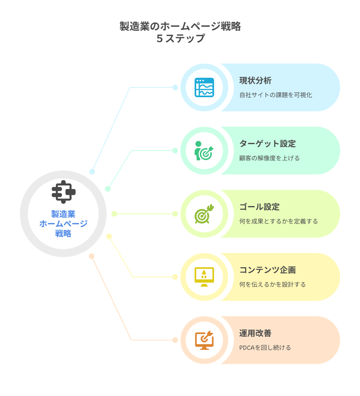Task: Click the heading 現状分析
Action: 255,81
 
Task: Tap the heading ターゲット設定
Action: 267,144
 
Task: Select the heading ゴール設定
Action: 259,207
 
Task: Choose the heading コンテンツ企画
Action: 267,270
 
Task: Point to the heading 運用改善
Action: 255,333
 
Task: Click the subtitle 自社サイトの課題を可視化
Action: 276,95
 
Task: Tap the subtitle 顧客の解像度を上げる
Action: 269,158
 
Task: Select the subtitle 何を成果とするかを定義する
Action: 279,221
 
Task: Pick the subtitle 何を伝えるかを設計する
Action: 272,285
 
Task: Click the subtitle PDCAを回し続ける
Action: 265,348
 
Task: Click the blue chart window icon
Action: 204,87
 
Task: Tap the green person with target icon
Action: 204,151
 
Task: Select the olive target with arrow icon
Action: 204,214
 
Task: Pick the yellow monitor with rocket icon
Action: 204,277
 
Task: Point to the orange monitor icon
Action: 204,340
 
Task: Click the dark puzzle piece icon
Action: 63,192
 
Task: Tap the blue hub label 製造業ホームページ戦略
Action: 63,224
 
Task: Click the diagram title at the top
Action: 180,32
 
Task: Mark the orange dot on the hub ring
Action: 92,256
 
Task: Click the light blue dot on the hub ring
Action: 92,172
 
